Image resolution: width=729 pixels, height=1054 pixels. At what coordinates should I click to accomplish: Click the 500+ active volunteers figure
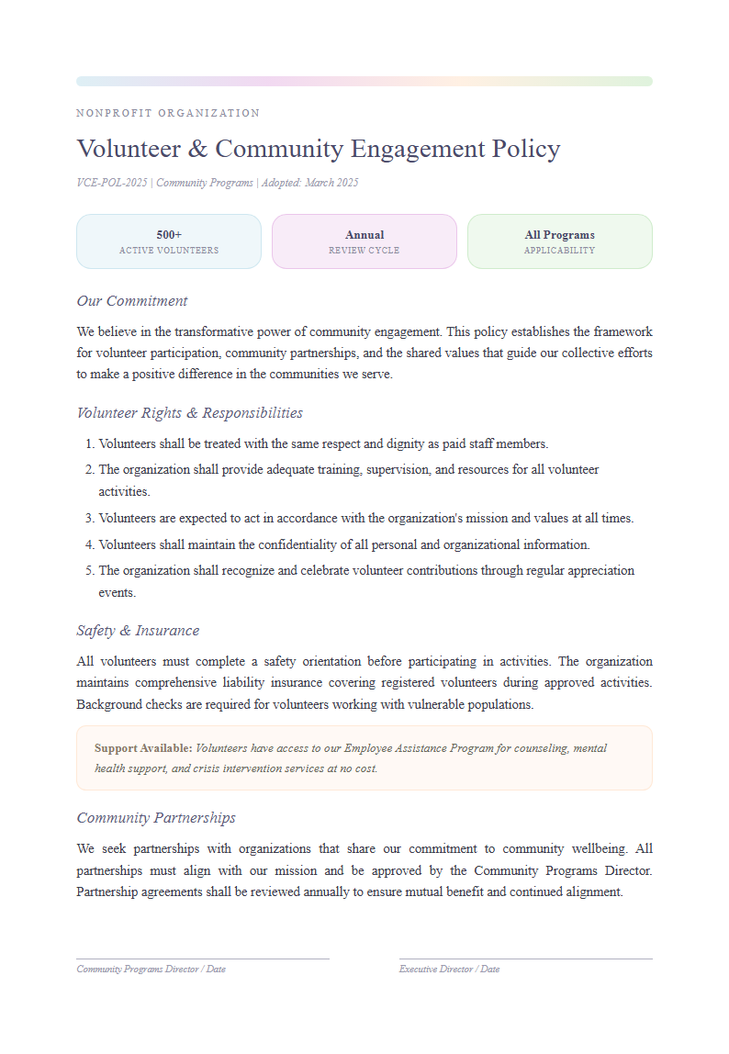(169, 235)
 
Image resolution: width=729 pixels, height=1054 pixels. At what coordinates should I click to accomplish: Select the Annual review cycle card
(364, 241)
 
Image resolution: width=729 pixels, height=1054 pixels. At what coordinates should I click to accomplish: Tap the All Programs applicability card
(559, 241)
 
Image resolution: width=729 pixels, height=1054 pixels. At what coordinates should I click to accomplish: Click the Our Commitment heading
(132, 301)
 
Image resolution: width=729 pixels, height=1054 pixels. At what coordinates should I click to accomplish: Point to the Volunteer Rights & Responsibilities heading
(189, 413)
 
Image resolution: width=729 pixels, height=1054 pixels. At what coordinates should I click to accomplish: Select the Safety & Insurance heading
(138, 631)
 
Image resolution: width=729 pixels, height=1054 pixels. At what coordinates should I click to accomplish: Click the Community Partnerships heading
(156, 818)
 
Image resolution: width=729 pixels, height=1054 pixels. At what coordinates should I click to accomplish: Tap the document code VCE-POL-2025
(112, 183)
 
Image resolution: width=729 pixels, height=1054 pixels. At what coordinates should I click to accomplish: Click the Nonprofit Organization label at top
(168, 113)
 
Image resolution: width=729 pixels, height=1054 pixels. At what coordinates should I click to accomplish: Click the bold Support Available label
(143, 748)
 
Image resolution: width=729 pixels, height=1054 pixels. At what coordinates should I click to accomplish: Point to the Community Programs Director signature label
(151, 970)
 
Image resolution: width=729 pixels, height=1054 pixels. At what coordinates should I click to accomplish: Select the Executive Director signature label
(449, 970)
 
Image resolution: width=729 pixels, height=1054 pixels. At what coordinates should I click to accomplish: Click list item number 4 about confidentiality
(343, 544)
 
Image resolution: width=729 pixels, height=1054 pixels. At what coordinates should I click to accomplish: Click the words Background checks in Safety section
(122, 705)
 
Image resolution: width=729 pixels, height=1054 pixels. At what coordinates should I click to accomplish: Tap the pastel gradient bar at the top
(364, 81)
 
